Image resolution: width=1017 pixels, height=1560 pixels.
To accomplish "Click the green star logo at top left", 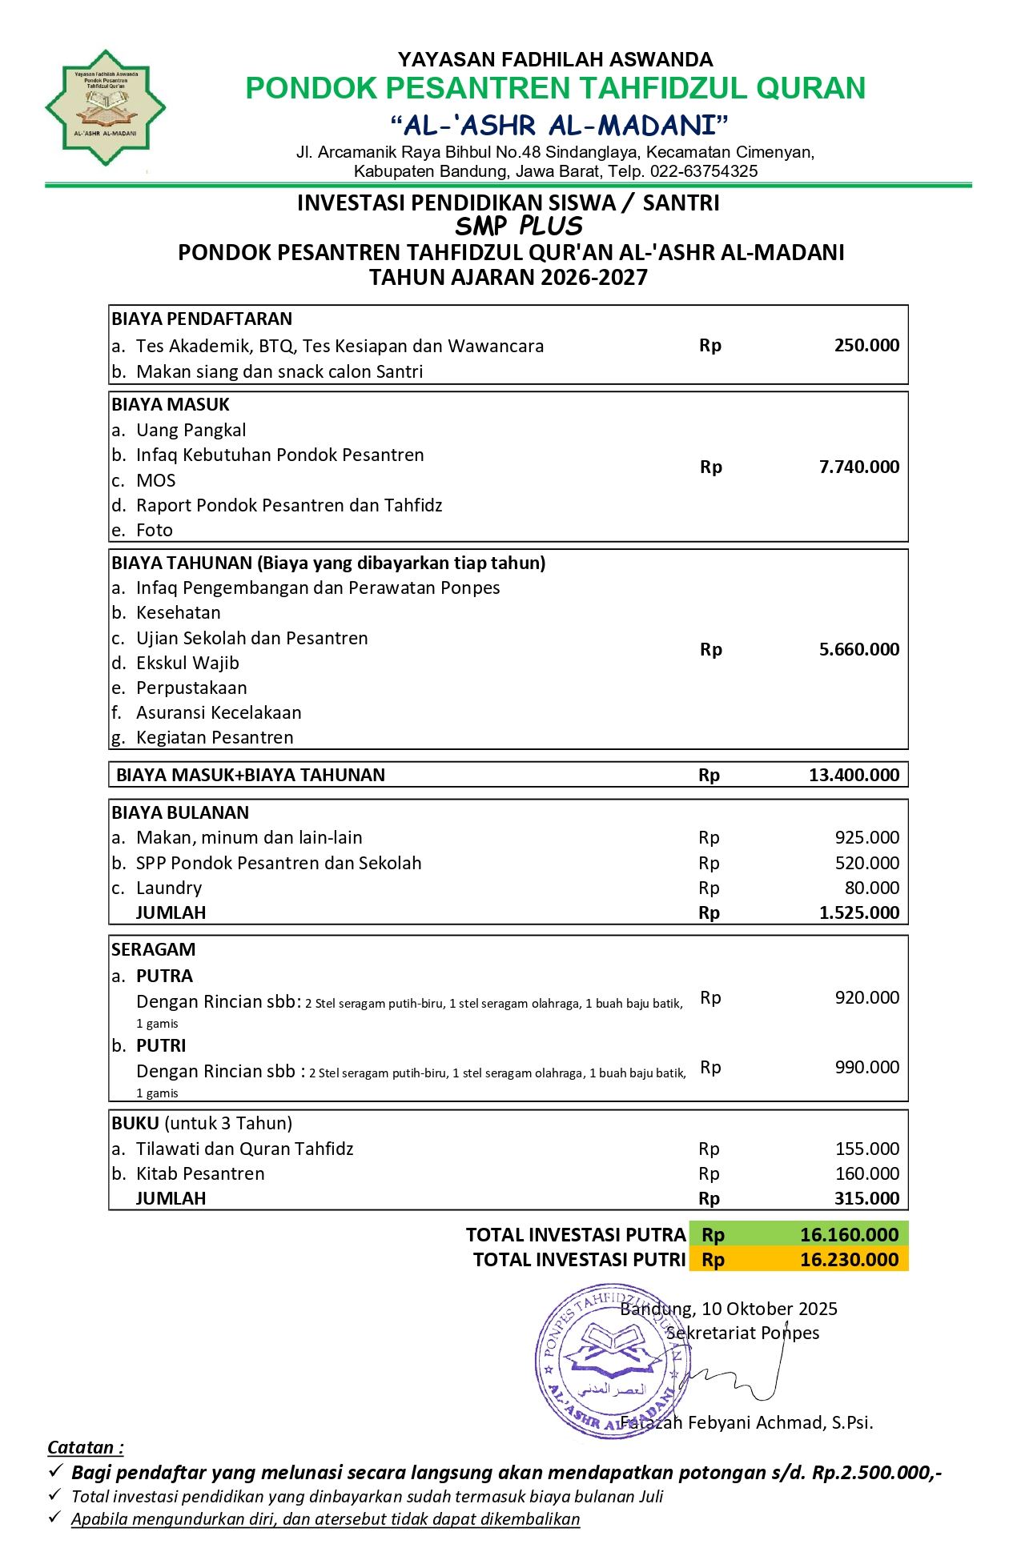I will pos(106,108).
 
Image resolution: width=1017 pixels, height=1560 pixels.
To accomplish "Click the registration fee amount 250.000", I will pos(866,345).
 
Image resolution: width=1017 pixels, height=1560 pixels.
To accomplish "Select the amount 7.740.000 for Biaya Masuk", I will pos(858,467).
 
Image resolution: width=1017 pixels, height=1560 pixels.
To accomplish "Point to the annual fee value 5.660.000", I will pos(858,649).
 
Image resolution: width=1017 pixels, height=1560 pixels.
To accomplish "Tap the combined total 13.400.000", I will pos(854,775).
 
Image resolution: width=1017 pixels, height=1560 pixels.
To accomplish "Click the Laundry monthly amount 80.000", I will pos(872,888).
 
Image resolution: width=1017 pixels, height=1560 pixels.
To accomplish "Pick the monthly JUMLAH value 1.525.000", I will pos(858,912).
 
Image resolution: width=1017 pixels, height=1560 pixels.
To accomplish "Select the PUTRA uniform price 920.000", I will pos(866,997).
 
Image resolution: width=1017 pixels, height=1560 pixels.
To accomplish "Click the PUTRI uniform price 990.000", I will pos(866,1067).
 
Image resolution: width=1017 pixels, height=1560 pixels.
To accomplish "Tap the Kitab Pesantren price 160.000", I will pos(866,1173).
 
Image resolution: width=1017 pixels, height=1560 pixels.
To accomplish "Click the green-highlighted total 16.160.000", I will pos(849,1234).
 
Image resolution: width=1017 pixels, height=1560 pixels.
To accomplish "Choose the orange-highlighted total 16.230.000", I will pos(849,1260).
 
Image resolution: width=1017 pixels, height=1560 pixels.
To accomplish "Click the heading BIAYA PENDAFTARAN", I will pos(202,319).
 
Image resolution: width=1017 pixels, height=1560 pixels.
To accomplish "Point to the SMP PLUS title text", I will pos(519,227).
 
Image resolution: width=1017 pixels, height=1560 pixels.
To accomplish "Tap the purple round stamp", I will pos(609,1361).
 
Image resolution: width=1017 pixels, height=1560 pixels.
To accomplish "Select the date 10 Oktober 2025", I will pos(769,1309).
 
